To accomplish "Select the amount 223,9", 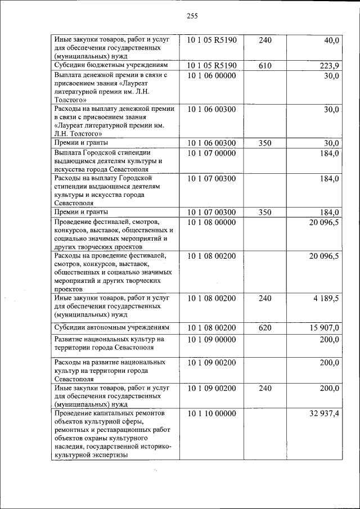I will click(x=329, y=66).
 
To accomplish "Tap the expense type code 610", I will click(x=265, y=66).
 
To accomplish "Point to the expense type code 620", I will click(x=265, y=327).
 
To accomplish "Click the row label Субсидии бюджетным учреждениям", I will click(x=110, y=66).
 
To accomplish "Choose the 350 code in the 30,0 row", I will click(x=265, y=143).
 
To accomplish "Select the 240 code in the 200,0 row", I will click(x=265, y=388).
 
